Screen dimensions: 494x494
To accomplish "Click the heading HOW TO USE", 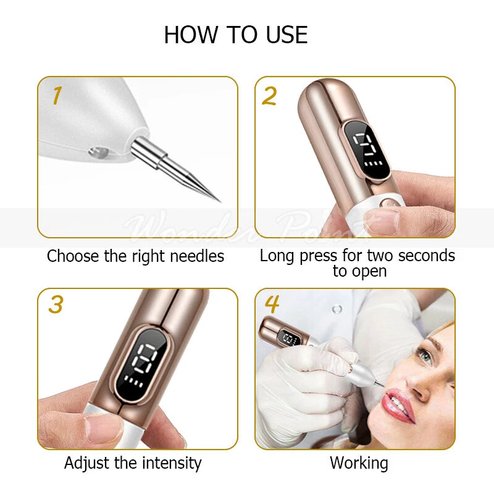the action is click(236, 35).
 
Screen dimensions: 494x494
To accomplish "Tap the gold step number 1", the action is click(57, 96).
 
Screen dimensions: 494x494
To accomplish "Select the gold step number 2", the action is click(269, 96).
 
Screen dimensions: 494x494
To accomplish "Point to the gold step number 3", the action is click(56, 304).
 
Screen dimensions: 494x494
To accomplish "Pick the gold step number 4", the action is click(272, 304).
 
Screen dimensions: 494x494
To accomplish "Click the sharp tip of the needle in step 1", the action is click(220, 201).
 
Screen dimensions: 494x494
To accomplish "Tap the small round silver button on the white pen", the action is click(98, 153).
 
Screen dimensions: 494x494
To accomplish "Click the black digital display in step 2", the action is click(367, 150).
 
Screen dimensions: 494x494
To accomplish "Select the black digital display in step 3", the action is click(141, 366).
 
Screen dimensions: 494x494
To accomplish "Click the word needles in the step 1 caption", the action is click(197, 256).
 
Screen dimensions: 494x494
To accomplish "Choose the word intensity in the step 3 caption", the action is click(172, 464).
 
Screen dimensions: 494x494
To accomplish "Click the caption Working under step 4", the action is click(359, 464).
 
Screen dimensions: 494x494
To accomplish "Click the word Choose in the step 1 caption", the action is click(73, 256).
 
